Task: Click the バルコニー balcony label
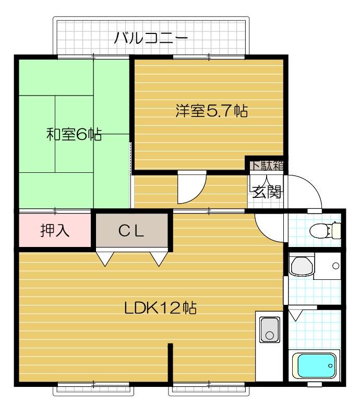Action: coord(150,38)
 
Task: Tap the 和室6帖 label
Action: coord(74,134)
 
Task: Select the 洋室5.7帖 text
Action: coord(211,111)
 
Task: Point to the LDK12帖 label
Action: coord(160,308)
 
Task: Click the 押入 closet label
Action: coord(55,231)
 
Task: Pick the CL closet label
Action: coord(131,231)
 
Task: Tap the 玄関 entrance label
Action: coord(267,193)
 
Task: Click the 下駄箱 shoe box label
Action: coord(267,166)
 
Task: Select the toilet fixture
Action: coord(325,229)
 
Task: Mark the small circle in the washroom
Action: coord(335,266)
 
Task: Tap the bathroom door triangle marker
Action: coord(296,315)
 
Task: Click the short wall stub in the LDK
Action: coord(170,363)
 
